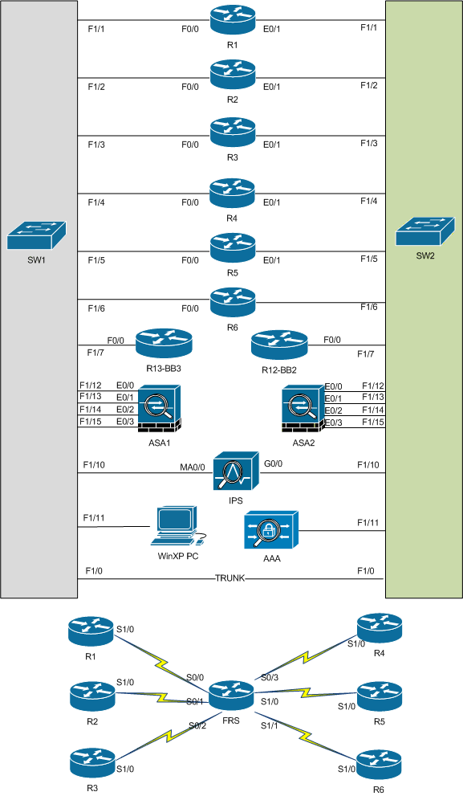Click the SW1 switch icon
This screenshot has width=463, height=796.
tap(38, 235)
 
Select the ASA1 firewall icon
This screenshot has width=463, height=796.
tap(159, 407)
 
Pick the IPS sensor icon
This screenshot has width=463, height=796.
tap(236, 471)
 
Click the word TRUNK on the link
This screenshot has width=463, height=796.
tap(231, 578)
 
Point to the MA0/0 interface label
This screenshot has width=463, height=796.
tap(193, 466)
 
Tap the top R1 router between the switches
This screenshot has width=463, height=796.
tap(232, 19)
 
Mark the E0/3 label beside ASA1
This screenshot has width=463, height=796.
tap(125, 422)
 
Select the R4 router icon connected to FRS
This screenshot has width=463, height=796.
tap(379, 627)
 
